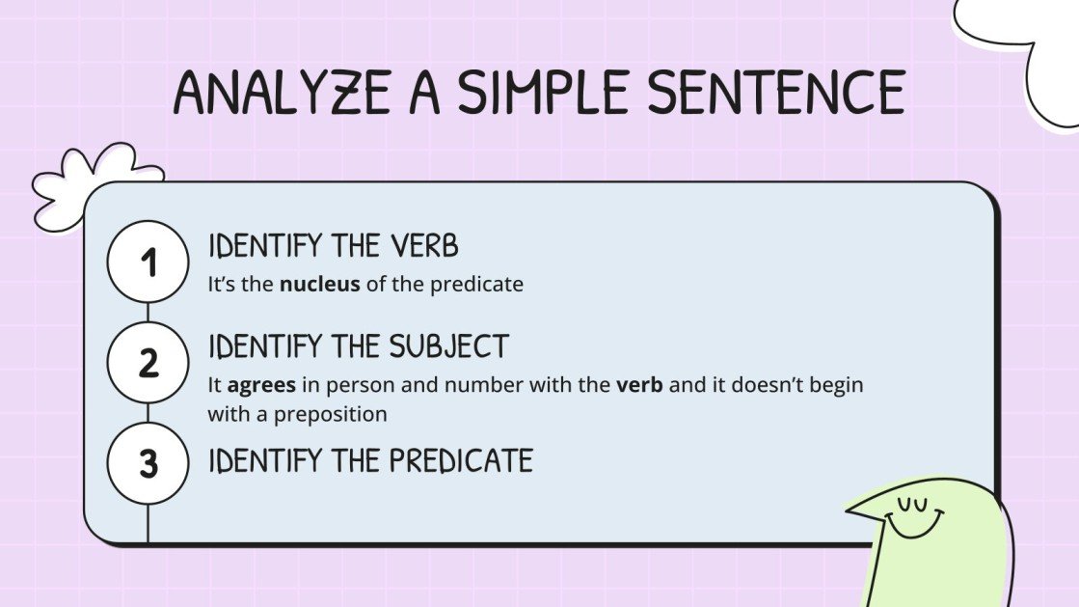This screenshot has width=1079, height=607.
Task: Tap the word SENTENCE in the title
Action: pyautogui.click(x=776, y=94)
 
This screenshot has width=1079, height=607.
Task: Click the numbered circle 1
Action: pyautogui.click(x=148, y=262)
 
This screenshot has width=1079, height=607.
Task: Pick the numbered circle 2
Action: pyautogui.click(x=148, y=364)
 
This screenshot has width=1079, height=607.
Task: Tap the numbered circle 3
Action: pyautogui.click(x=148, y=463)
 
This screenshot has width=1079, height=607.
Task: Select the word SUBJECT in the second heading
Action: pyautogui.click(x=448, y=346)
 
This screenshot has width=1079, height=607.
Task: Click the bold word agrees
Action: pyautogui.click(x=262, y=384)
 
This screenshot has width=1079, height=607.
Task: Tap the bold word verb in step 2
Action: pyautogui.click(x=635, y=384)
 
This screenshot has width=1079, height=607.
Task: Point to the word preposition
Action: pyautogui.click(x=333, y=414)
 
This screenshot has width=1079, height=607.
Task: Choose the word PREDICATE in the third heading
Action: pyautogui.click(x=461, y=460)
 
